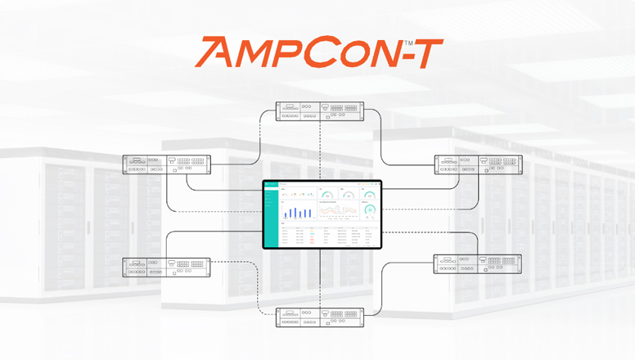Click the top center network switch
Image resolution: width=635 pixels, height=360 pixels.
320,110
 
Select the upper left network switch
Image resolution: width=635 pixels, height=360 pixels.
167,164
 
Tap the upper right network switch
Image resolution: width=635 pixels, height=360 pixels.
478,164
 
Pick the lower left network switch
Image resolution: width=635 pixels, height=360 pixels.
167,268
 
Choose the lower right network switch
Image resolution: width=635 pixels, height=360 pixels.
478,263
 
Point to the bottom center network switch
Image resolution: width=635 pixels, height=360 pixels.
320,317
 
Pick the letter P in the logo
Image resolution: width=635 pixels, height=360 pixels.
296,53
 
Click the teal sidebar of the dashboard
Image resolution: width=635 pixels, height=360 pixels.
271,214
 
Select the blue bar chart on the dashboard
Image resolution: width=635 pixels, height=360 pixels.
299,212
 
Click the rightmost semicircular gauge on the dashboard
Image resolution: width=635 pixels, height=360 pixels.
370,195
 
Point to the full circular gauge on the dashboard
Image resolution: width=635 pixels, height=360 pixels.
370,211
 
